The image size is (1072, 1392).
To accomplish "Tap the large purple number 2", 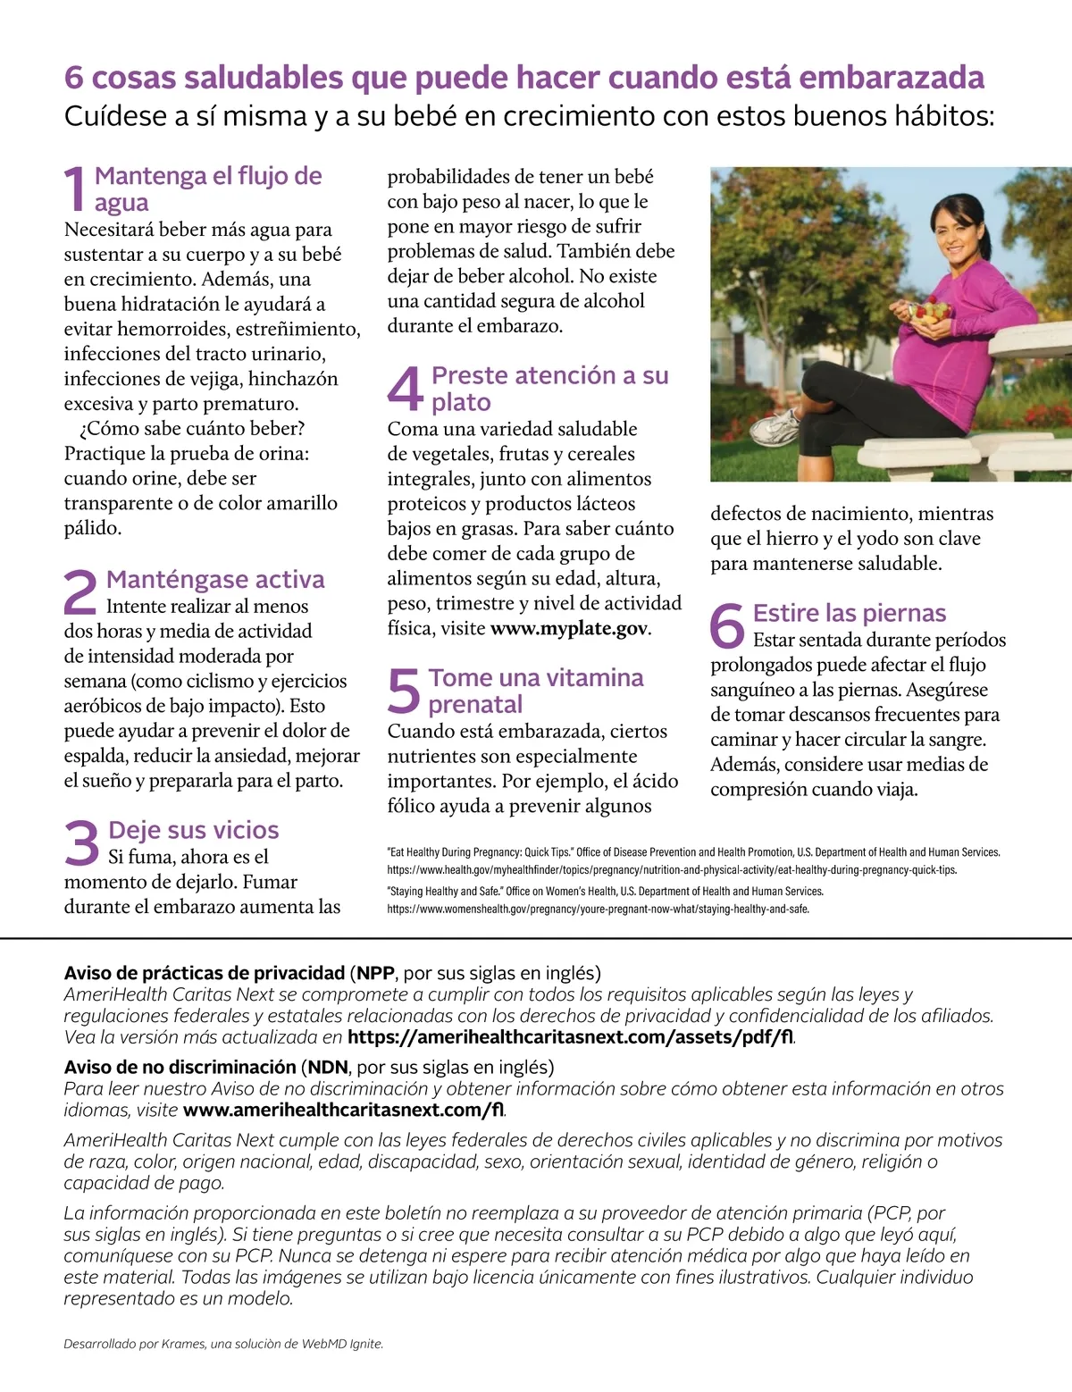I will (80, 591).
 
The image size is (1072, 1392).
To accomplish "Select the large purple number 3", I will (82, 843).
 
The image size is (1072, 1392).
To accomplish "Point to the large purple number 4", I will (406, 389).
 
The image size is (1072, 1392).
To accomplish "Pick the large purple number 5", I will (405, 691).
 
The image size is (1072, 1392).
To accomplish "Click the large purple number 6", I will (727, 625).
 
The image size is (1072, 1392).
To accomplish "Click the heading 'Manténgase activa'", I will (215, 580).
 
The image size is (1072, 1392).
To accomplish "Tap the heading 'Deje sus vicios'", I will (194, 830).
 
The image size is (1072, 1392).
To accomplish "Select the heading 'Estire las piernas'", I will (850, 613).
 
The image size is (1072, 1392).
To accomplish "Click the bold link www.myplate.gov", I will (569, 628).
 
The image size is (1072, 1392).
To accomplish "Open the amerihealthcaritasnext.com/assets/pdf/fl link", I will (570, 1037).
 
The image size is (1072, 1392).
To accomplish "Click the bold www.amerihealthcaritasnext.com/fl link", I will (343, 1110).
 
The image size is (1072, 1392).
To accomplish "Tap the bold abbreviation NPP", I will (375, 973).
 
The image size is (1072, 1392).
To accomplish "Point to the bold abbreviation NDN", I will (328, 1067).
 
